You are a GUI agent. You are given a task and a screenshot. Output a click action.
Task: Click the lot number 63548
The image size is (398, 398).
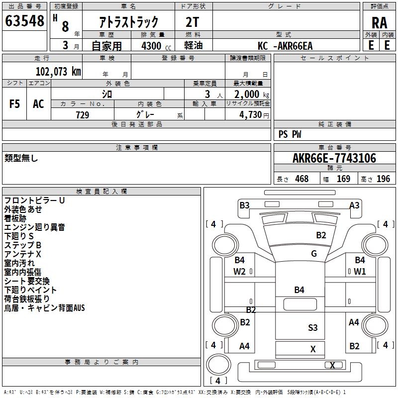[24, 21]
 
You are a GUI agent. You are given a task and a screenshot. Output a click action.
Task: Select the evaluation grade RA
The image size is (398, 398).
[379, 23]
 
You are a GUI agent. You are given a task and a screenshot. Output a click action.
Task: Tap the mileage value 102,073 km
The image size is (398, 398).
[58, 72]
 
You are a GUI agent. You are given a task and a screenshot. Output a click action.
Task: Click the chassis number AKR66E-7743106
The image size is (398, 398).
[334, 159]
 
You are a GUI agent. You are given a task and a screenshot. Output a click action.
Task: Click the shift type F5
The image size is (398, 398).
[15, 104]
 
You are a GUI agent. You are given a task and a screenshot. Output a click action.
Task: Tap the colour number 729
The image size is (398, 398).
[83, 115]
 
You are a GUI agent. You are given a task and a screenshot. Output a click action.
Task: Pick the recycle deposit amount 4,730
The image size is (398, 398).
[252, 115]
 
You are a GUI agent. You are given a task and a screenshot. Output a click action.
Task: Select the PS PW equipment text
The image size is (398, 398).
[290, 134]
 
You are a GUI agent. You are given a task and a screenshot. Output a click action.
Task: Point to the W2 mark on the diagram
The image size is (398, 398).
[240, 271]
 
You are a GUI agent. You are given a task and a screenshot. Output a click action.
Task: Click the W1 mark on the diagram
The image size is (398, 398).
[360, 271]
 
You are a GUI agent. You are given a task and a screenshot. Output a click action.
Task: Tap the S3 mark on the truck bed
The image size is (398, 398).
[312, 327]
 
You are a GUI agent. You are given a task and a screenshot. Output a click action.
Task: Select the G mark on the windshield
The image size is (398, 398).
[314, 254]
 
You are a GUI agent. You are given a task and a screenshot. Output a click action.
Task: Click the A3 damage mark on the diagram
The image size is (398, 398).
[354, 205]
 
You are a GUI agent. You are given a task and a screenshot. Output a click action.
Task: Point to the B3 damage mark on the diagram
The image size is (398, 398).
[244, 205]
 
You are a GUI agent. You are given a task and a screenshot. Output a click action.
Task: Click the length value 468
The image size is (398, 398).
[301, 179]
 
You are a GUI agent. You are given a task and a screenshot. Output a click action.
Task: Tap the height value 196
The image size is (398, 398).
[384, 179]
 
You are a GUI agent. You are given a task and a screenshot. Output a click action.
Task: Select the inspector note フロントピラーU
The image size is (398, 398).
[35, 200]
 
